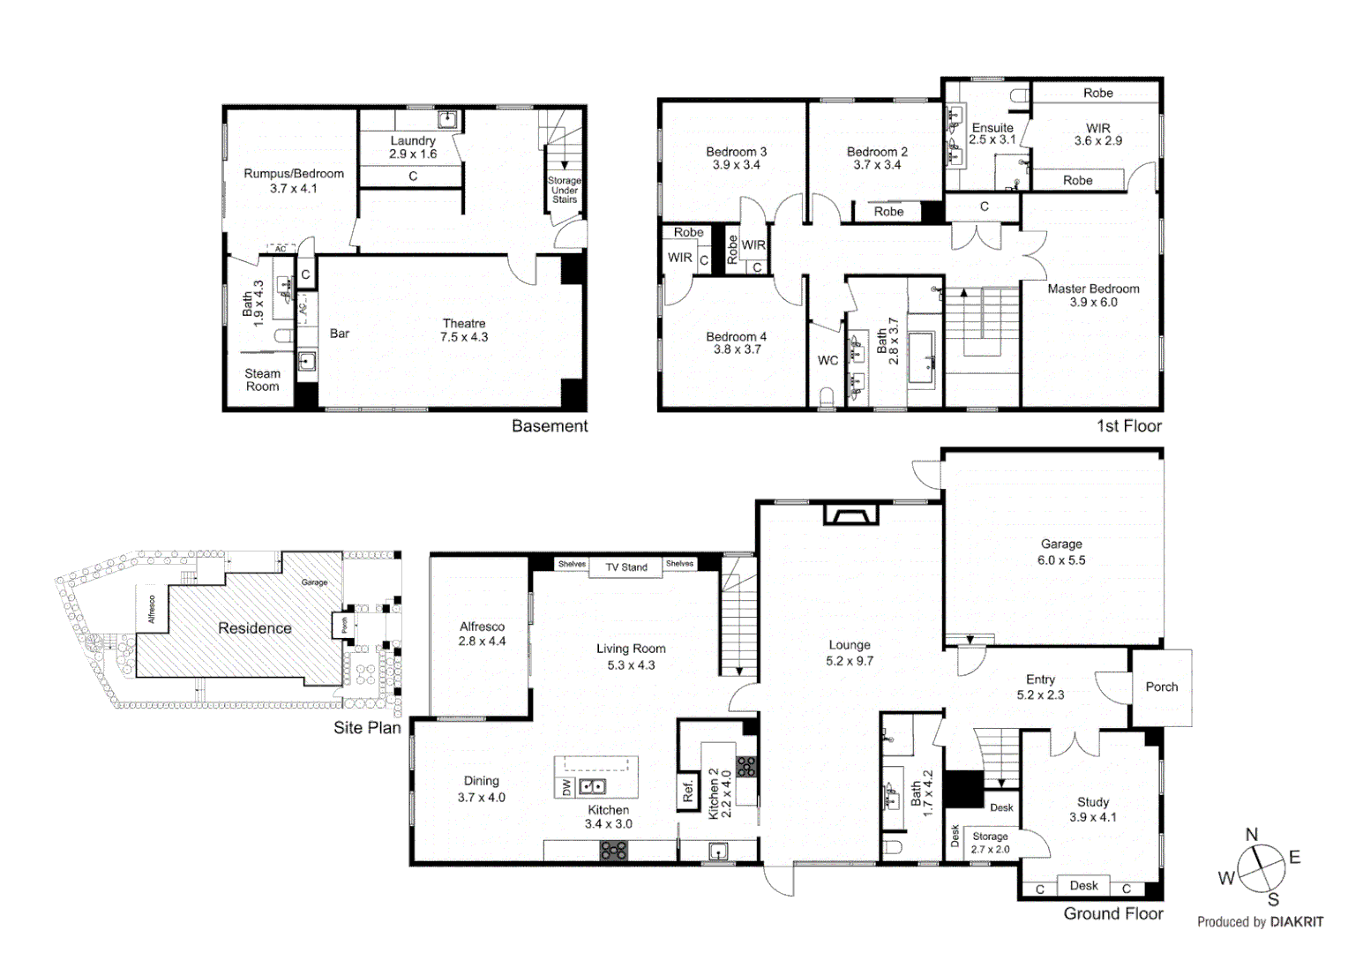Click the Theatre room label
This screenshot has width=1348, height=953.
(x=464, y=330)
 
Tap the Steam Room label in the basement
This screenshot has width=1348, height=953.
(x=262, y=380)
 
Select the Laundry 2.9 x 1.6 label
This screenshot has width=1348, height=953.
(x=413, y=147)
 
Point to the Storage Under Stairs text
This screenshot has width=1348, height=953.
(x=565, y=190)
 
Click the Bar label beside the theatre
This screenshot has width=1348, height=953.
(x=340, y=334)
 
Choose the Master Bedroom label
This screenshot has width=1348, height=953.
(x=1093, y=295)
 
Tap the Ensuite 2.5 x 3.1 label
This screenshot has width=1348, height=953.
(x=992, y=133)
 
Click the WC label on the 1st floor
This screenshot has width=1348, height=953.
(x=828, y=360)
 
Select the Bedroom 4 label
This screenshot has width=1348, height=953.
(x=736, y=342)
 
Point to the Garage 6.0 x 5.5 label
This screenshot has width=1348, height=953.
(x=1060, y=552)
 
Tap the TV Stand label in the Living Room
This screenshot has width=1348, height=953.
(x=626, y=567)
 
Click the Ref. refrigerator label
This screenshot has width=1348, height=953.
(x=688, y=791)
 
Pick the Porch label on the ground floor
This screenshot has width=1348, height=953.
(x=1161, y=687)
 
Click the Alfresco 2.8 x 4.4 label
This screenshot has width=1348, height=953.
(x=482, y=634)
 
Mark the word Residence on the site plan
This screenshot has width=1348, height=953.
(x=254, y=628)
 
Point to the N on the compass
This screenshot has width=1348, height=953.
(x=1251, y=835)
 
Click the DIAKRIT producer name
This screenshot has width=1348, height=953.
(x=1296, y=922)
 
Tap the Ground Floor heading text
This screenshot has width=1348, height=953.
(x=1112, y=914)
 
